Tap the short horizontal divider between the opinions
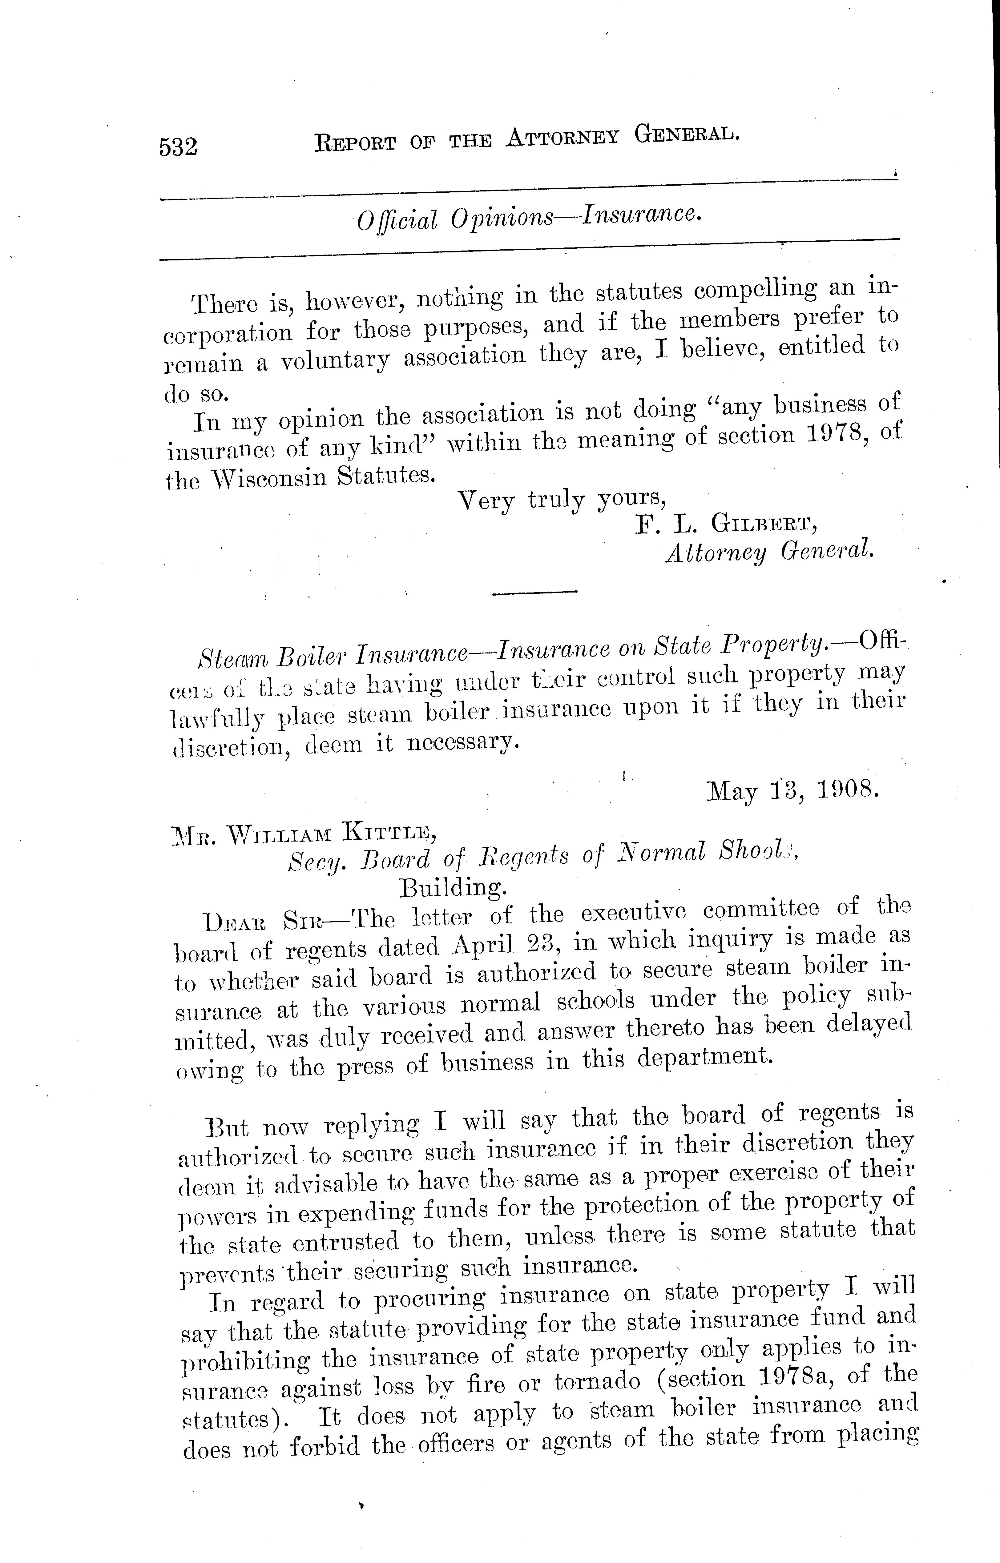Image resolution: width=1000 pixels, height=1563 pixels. pyautogui.click(x=535, y=591)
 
